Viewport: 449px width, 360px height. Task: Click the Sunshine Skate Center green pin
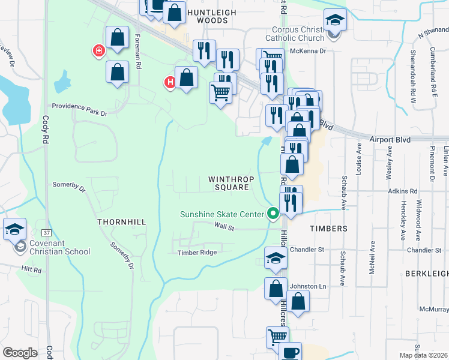click(273, 214)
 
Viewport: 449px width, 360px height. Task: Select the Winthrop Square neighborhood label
click(229, 183)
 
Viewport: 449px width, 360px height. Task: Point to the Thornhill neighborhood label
click(122, 221)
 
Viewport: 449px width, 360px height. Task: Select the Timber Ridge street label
click(196, 253)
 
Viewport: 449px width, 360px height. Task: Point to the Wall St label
click(223, 226)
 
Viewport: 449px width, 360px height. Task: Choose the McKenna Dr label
click(307, 51)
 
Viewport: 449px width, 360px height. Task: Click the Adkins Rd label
click(402, 191)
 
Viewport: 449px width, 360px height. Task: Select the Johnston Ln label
click(307, 286)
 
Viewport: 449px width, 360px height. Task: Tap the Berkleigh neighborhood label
click(427, 272)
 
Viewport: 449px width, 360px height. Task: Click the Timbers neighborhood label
click(328, 229)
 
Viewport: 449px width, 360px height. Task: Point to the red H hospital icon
click(170, 82)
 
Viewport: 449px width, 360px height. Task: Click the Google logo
click(19, 353)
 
